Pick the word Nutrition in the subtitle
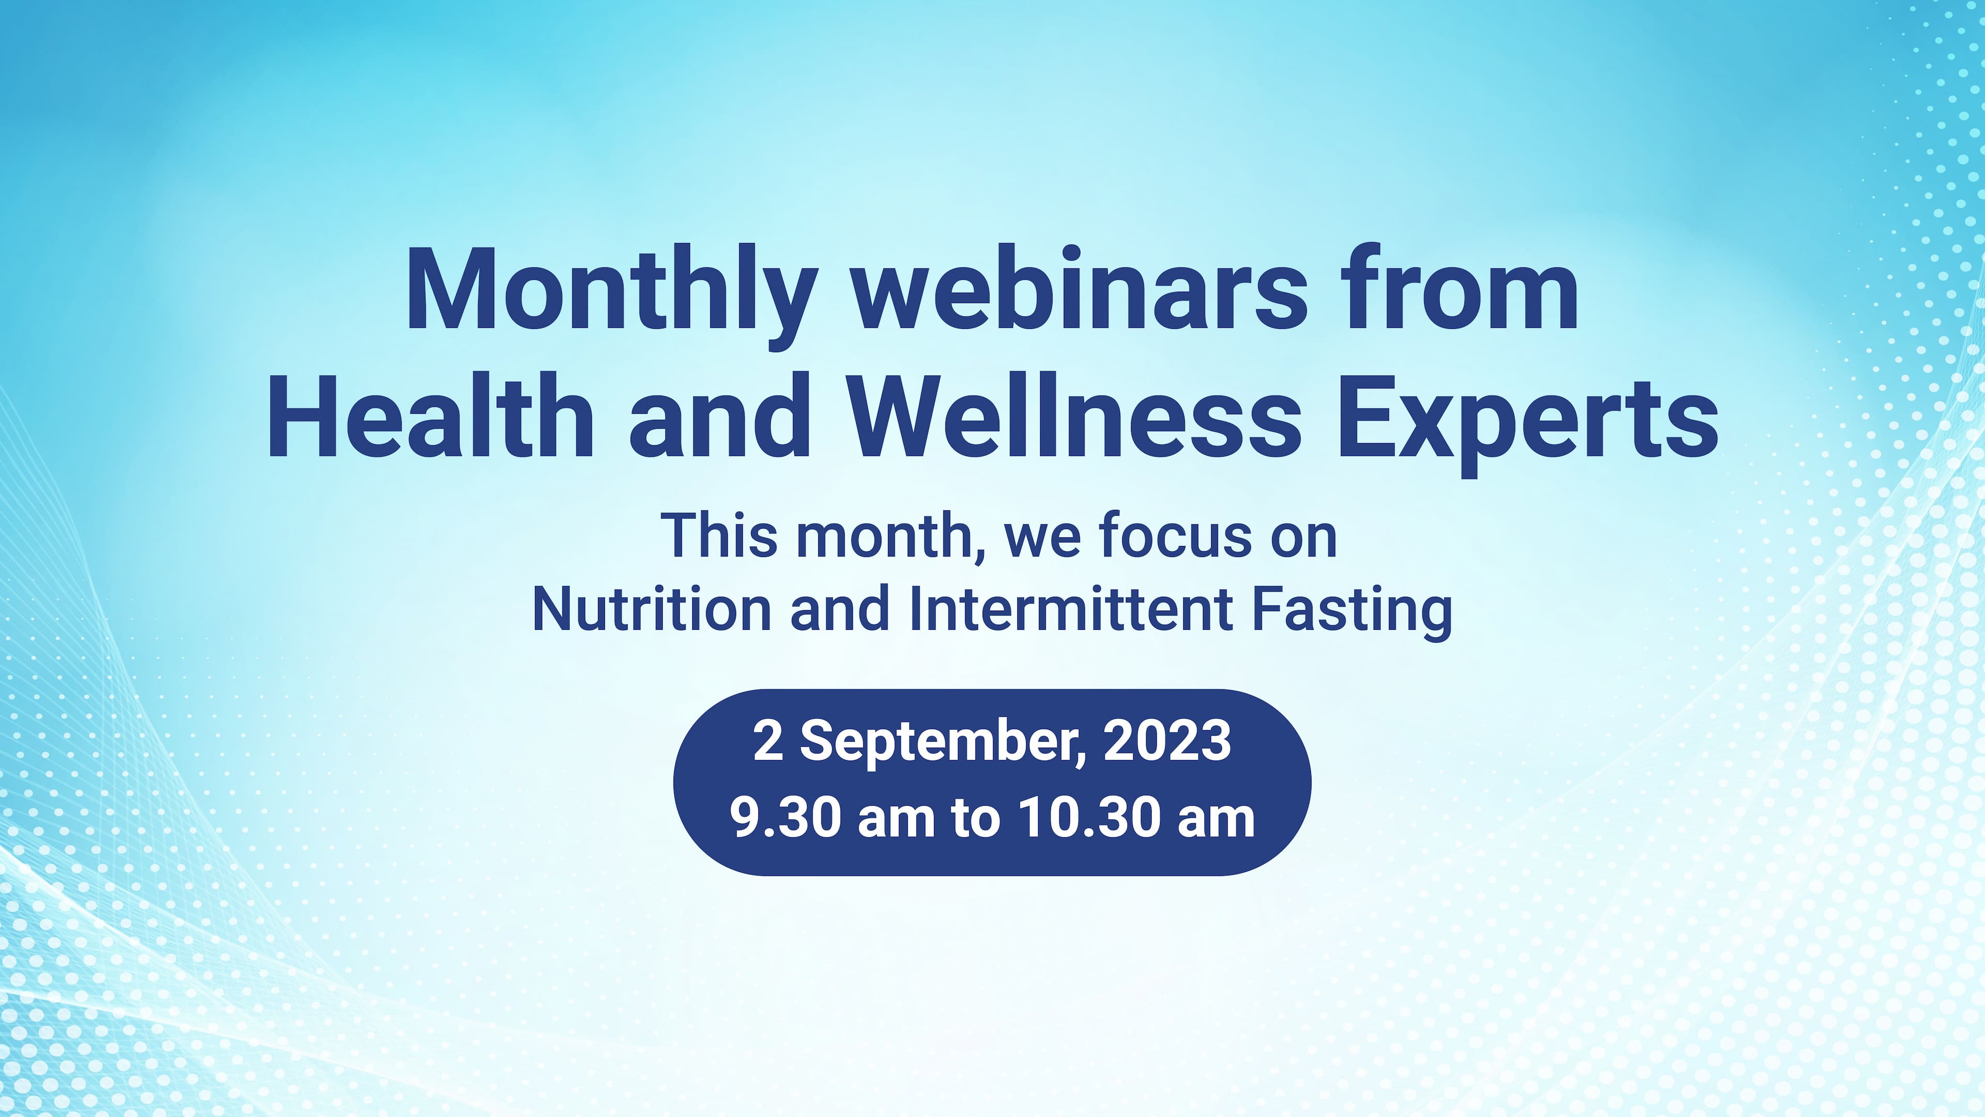click(x=652, y=609)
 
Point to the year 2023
click(x=1167, y=741)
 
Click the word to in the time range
click(x=976, y=820)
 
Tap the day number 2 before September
click(x=768, y=741)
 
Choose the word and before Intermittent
click(x=841, y=609)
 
